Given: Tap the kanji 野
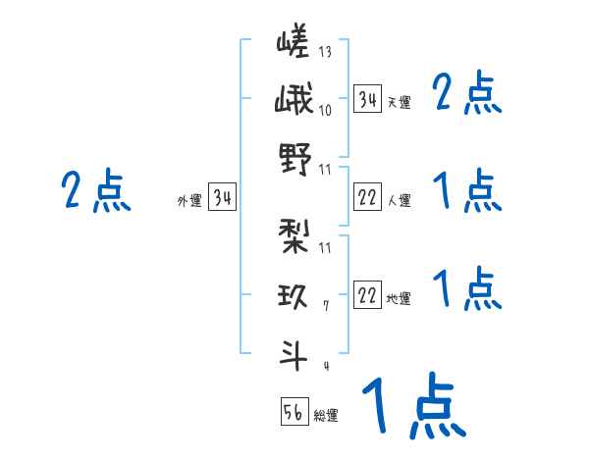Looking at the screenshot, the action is click(294, 158).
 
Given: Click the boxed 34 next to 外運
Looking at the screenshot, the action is click(222, 198).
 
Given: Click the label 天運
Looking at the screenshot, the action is click(399, 102).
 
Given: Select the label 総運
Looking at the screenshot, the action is click(326, 415).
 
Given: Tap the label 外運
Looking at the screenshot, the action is click(189, 201).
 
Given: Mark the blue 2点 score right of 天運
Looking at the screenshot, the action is click(467, 95).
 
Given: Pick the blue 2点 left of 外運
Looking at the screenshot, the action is click(95, 190).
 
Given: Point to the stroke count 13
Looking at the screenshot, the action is click(325, 52).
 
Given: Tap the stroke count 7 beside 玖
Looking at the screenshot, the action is click(325, 306).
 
